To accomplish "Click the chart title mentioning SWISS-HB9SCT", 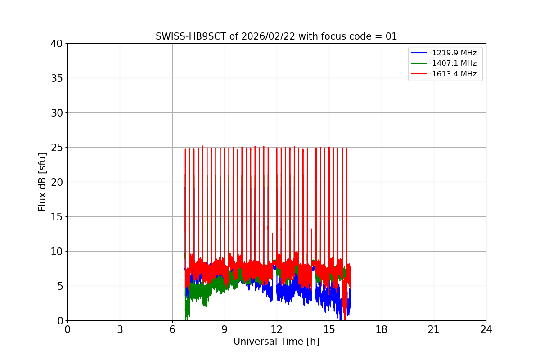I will point(276,36).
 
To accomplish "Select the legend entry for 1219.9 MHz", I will point(454,53).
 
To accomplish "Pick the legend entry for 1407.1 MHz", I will point(454,63).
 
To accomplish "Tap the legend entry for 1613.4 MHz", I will point(454,74).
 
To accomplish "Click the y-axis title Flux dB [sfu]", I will point(42,182).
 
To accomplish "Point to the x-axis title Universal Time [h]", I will point(276,342).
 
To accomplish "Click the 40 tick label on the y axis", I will point(57,44).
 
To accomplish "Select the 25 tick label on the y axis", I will point(57,148).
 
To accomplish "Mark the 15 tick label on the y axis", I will point(57,217).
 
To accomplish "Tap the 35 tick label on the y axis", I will point(57,78).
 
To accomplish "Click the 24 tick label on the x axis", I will point(486,329).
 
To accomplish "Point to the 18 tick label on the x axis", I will point(382,329).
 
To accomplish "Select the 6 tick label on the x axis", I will point(172,329).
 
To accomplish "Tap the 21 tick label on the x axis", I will point(434,329).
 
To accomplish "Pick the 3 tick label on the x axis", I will point(120,329).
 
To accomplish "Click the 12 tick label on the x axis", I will point(277,329).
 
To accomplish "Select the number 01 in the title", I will point(391,36).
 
